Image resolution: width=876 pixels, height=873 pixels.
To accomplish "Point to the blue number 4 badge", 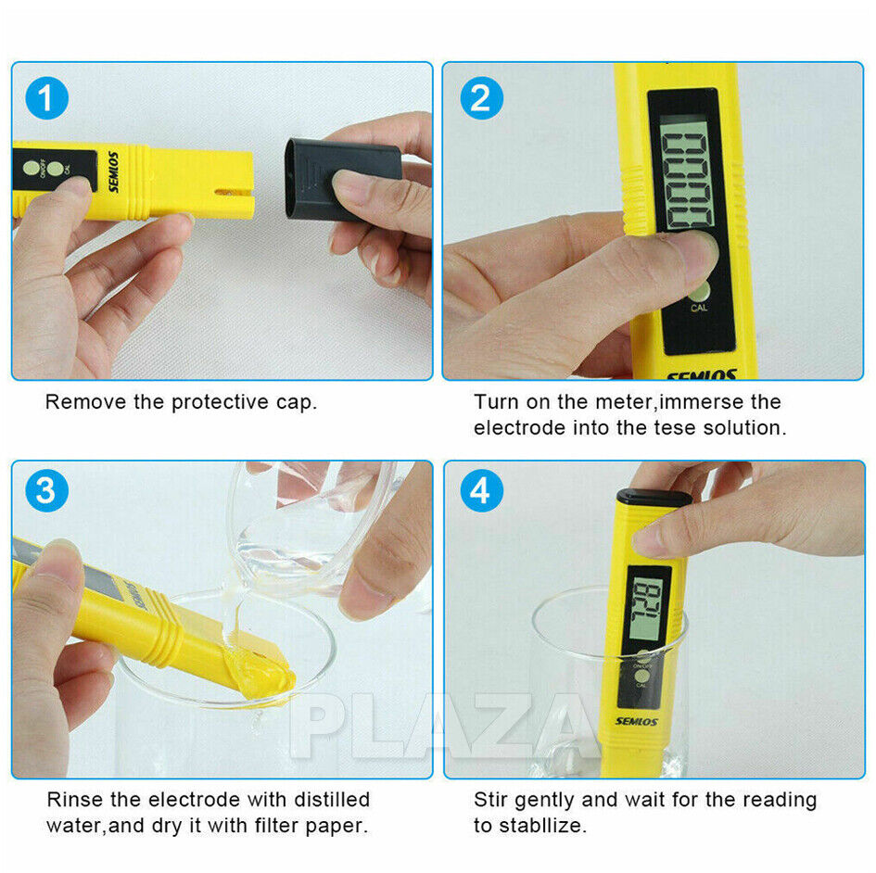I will (x=479, y=492).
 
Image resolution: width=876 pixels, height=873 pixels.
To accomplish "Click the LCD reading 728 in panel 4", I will (x=647, y=610).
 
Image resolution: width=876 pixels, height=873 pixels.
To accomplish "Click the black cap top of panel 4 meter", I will (x=654, y=498).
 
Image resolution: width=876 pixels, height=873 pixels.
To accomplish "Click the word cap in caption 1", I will (x=298, y=402).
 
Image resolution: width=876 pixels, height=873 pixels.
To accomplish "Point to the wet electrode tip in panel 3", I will (x=260, y=681).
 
